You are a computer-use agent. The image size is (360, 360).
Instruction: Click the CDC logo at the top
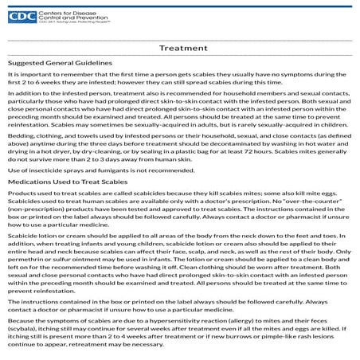coord(22,15)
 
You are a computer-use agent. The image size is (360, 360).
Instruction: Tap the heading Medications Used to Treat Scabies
coord(65,182)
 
